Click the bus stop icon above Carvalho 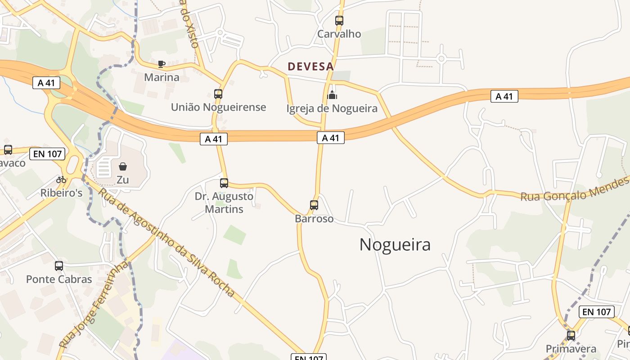coord(339,21)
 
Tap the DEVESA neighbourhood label coord(310,67)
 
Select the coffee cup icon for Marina coord(162,64)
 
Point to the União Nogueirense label coord(218,107)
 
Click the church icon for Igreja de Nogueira coord(332,95)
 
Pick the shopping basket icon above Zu coord(123,166)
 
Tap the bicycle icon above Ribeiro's coord(61,180)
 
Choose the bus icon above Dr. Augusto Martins coord(224,183)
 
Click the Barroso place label coord(314,219)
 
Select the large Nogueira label coord(395,244)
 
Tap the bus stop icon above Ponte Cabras coord(59,266)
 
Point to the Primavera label coord(571,349)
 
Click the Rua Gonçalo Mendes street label coord(574,190)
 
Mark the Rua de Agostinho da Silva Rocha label coord(166,242)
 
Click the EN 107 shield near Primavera coord(597,311)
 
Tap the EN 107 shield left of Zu coord(47,154)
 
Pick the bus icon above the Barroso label coord(314,205)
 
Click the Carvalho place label coord(339,34)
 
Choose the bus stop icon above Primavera coord(571,335)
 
